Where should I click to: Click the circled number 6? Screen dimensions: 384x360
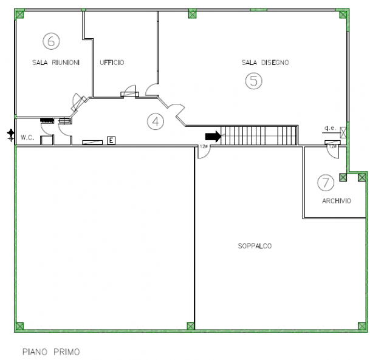click(51, 41)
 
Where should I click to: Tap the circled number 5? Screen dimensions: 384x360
click(254, 81)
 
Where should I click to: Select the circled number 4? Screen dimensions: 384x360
click(156, 121)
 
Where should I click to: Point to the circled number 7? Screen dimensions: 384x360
click(326, 183)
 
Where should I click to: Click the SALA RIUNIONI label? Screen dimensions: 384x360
click(56, 63)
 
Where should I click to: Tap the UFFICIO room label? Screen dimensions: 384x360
click(112, 63)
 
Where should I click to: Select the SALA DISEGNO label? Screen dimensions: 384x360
click(266, 63)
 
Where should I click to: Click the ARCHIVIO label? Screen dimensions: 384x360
click(337, 201)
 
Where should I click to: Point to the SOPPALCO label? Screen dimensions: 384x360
click(255, 246)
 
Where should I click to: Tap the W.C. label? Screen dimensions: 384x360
click(27, 138)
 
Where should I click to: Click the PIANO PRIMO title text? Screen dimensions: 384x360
click(51, 352)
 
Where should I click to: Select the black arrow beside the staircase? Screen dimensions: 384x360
click(213, 137)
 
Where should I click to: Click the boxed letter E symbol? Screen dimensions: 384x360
click(111, 140)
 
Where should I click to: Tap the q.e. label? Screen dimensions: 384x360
click(330, 128)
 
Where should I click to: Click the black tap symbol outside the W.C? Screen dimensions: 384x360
click(10, 135)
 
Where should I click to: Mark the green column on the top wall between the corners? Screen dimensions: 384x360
click(193, 13)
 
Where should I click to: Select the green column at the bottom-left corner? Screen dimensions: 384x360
click(19, 326)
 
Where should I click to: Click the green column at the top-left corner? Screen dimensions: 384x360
click(19, 14)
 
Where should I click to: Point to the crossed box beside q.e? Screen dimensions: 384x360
click(343, 132)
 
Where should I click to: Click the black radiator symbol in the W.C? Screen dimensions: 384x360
click(47, 120)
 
